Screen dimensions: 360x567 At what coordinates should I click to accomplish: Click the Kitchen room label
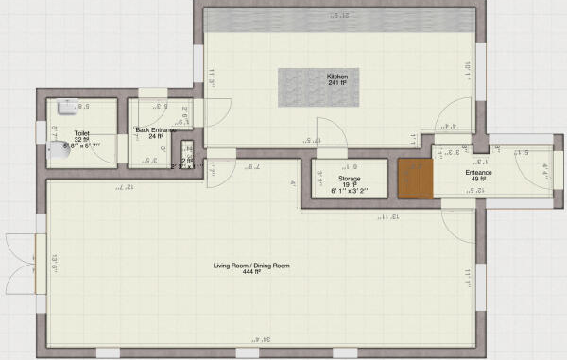(337, 76)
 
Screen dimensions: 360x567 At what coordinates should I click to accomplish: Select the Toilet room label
(82, 133)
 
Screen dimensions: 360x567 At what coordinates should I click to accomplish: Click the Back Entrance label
(155, 129)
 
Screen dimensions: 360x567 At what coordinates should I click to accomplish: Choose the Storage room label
(350, 177)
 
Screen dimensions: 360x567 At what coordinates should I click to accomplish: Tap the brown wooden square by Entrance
(415, 179)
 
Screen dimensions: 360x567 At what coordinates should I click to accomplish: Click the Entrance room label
(479, 173)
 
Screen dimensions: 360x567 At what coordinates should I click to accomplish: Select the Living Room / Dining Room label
(250, 266)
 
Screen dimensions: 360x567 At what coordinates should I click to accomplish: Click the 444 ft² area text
(250, 274)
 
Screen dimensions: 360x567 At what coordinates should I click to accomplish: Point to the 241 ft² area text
(337, 83)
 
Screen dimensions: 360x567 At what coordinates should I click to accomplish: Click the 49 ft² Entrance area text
(479, 180)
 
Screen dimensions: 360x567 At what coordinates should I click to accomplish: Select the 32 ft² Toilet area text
(81, 140)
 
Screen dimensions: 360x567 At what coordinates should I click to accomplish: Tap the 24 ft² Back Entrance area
(155, 137)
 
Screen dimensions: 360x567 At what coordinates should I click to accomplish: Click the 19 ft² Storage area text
(349, 184)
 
